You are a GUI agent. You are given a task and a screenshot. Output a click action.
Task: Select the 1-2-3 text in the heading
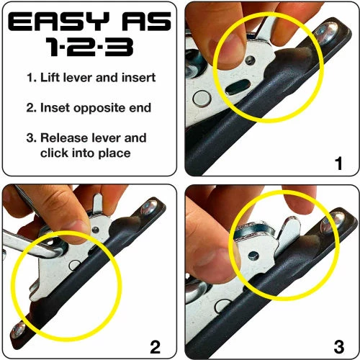click(90, 49)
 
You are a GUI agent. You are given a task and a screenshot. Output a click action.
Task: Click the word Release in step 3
click(78, 138)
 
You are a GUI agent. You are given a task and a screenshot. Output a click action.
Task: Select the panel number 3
click(338, 346)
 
